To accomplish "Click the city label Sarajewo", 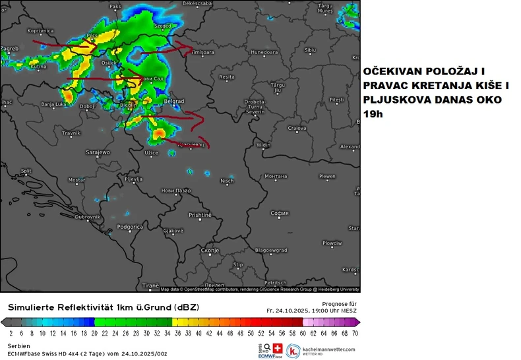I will [x=98, y=152].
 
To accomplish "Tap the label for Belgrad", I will [x=173, y=101].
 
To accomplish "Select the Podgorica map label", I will [x=130, y=227].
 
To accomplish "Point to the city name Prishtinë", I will [x=200, y=215].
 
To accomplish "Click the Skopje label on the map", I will [x=209, y=251].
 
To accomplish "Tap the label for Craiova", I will [x=297, y=128].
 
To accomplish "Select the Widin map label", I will [x=264, y=145].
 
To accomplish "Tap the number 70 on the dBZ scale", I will [x=355, y=334].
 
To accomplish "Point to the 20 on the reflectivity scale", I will [x=94, y=334].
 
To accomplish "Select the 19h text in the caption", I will [x=372, y=114].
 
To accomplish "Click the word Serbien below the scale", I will [x=18, y=345].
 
